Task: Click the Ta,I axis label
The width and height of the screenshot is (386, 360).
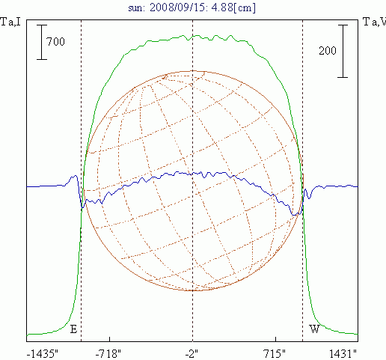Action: click(x=10, y=22)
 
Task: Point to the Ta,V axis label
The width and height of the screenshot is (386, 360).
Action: click(x=374, y=22)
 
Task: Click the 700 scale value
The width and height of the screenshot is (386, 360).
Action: click(x=55, y=42)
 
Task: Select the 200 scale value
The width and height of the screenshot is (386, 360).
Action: click(x=328, y=51)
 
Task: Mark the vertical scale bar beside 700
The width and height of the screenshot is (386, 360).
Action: click(x=42, y=42)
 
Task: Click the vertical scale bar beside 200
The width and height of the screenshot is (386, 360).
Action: click(x=343, y=51)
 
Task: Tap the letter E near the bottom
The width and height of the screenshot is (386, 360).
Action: click(x=73, y=329)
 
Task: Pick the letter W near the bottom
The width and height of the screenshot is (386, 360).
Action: click(x=314, y=329)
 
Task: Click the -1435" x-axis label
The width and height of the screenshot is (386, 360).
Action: click(x=43, y=354)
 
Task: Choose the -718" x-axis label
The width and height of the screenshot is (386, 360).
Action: click(x=108, y=354)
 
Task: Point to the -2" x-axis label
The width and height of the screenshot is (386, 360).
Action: click(x=192, y=354)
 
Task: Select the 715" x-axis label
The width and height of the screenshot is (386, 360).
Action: click(x=275, y=354)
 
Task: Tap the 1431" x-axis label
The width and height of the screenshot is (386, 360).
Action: click(x=343, y=354)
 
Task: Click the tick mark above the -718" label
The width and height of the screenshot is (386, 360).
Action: click(x=109, y=339)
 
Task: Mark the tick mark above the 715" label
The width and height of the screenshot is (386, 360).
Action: click(x=275, y=339)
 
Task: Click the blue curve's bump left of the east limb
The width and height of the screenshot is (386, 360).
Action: click(x=73, y=177)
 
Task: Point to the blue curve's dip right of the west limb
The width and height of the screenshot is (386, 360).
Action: click(x=309, y=196)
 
